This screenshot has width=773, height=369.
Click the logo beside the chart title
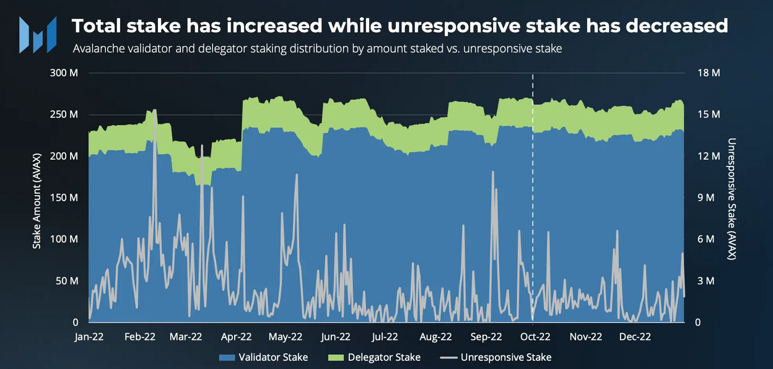38,34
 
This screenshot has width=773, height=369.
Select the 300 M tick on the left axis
64,73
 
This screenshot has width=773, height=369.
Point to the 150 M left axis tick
64,198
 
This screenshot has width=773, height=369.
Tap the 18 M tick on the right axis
709,73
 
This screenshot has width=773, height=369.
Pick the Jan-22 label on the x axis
89,337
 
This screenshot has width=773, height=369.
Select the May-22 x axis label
286,337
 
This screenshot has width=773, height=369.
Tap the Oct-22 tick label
535,337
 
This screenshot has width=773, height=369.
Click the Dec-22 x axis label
635,337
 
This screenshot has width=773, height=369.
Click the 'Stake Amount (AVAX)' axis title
37,198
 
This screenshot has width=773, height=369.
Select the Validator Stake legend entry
263,357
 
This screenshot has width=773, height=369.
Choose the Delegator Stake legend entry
374,357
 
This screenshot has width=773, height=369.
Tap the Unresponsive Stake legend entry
496,357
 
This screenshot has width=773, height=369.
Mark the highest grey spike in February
154,110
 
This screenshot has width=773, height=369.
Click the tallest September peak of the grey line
493,171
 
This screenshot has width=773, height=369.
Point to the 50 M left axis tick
66,280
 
